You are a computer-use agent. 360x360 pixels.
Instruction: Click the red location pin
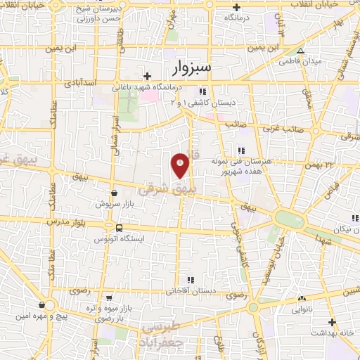[x=181, y=166]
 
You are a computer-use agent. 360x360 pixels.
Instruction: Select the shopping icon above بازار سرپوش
[x=113, y=191]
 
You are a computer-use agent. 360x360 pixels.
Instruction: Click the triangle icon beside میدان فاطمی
[x=300, y=51]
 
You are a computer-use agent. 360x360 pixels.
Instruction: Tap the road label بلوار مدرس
[x=78, y=220]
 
